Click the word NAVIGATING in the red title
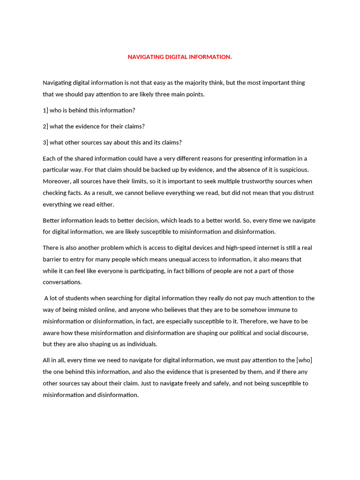pos(146,57)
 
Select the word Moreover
pos(56,181)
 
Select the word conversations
pos(62,282)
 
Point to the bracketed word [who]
pos(305,360)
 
